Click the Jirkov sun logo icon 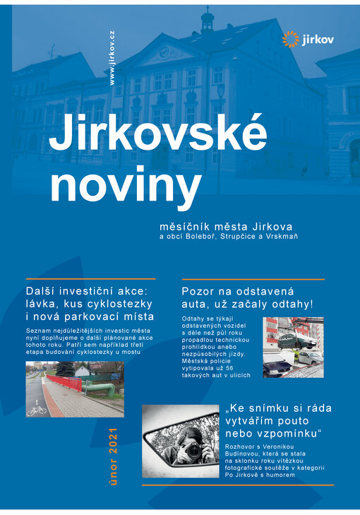coord(290,39)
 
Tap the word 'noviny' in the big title coord(125,185)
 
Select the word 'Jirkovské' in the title coord(158,134)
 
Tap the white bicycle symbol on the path coord(37,408)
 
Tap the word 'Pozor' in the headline coord(197,291)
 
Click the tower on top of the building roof coord(207,20)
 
